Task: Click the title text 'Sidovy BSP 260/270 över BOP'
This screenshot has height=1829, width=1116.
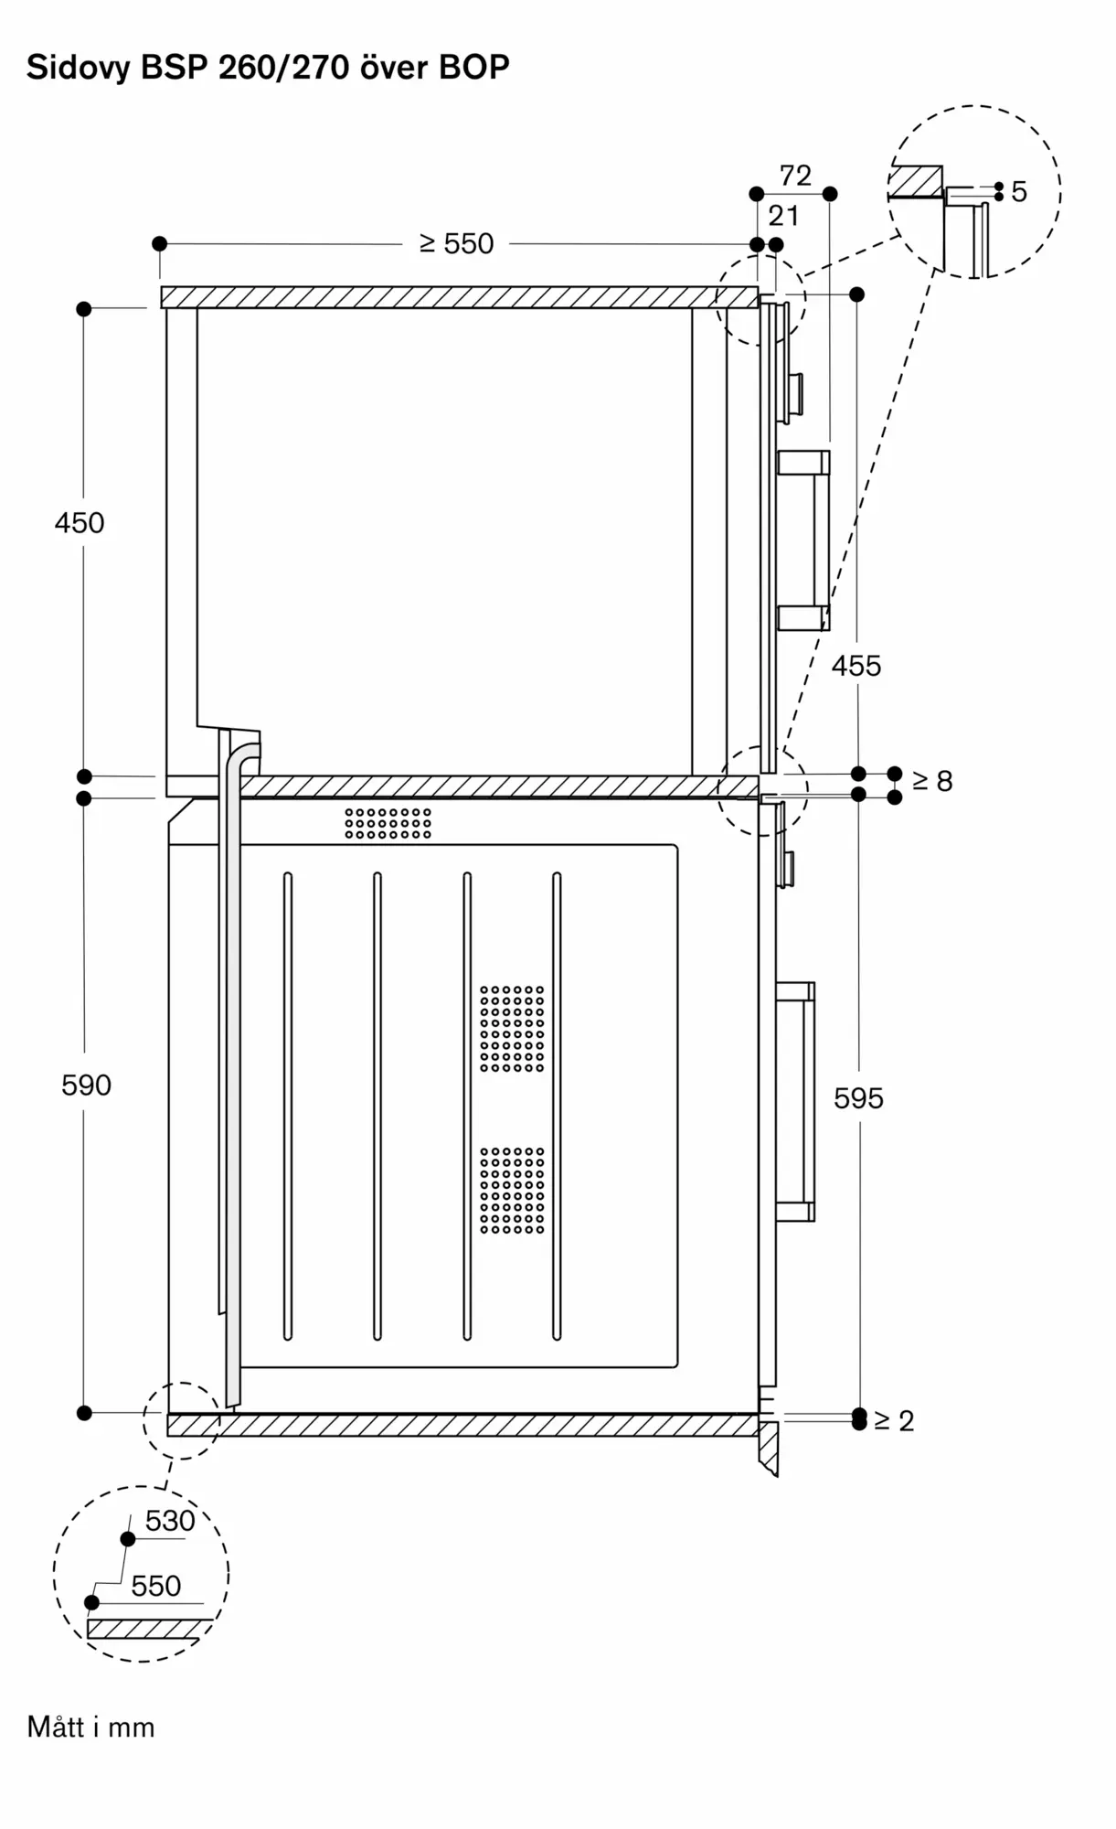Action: (268, 68)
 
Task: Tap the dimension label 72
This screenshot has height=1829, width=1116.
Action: (795, 176)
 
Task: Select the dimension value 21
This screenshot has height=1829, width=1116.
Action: (783, 216)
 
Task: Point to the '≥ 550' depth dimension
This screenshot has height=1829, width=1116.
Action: (456, 244)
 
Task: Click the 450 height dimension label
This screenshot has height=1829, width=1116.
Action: (80, 523)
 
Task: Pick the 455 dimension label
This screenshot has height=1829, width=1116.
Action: (856, 666)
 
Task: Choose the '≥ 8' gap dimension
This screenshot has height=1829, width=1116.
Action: (932, 781)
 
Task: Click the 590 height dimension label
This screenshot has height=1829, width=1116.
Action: (86, 1086)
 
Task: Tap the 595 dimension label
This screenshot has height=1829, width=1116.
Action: (858, 1098)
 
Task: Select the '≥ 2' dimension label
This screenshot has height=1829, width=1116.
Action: (894, 1421)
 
